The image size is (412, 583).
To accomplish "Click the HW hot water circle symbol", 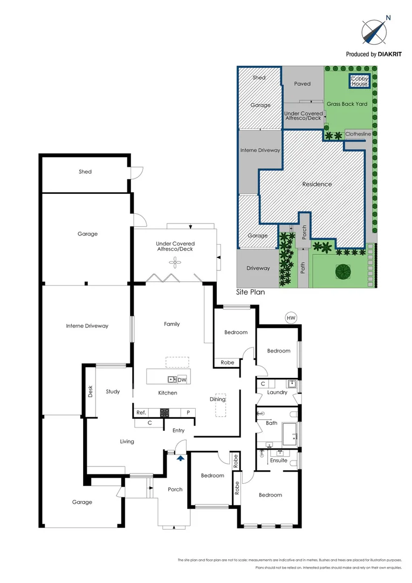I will coord(291,318).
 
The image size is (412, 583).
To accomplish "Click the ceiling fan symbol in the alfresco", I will coord(175,263).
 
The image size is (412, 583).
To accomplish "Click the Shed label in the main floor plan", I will coord(85,172).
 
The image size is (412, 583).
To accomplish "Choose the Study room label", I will coord(113,391).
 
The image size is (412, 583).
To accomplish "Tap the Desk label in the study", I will coord(90,391).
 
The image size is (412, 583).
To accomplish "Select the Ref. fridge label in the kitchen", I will coord(141,412).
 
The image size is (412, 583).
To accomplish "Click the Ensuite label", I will coord(279,460).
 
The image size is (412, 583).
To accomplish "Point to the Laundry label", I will coord(277,392).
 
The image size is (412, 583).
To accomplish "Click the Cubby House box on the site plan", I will coord(359,80).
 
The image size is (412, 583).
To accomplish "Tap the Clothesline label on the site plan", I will coord(358,134).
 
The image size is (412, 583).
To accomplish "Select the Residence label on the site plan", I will coord(317,184).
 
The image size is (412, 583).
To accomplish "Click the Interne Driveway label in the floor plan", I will coord(87,326).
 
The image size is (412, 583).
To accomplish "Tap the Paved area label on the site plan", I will coord(303,84).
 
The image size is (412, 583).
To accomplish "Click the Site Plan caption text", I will coord(250,291).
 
